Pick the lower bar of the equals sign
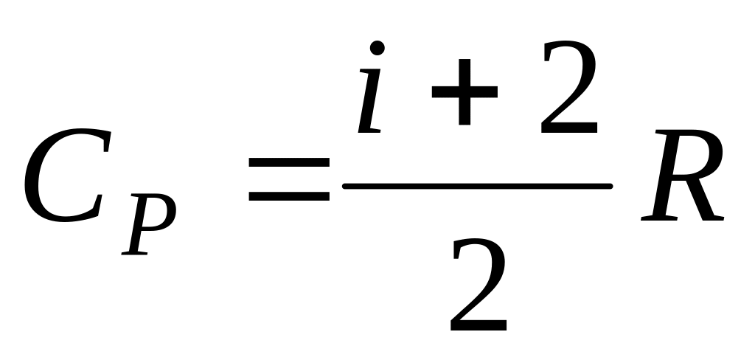click(289, 197)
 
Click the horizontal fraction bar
click(478, 187)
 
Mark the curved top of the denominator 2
click(480, 247)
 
